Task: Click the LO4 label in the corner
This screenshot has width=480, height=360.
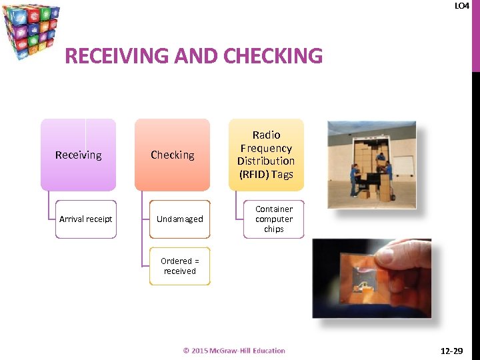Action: tap(461, 6)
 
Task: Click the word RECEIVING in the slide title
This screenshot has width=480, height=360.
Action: tap(116, 55)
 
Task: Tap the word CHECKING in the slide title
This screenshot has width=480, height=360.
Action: tap(273, 55)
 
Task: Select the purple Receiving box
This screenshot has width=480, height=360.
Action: tap(78, 155)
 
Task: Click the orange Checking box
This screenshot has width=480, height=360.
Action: tap(172, 155)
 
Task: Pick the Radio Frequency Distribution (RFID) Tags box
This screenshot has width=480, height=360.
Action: tap(266, 155)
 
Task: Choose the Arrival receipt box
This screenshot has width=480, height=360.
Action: tap(85, 219)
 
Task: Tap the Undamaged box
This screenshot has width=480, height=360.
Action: tap(179, 219)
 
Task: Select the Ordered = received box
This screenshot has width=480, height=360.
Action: tap(179, 266)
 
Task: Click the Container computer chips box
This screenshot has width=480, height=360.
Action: tap(273, 219)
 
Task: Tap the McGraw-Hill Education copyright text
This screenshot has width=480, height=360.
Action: tap(234, 351)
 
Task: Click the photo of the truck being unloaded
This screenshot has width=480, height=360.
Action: tap(371, 165)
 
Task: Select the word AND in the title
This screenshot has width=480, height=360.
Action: tap(198, 55)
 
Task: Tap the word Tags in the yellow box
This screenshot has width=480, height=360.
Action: tap(283, 174)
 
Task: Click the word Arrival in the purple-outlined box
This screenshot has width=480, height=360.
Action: tap(71, 219)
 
